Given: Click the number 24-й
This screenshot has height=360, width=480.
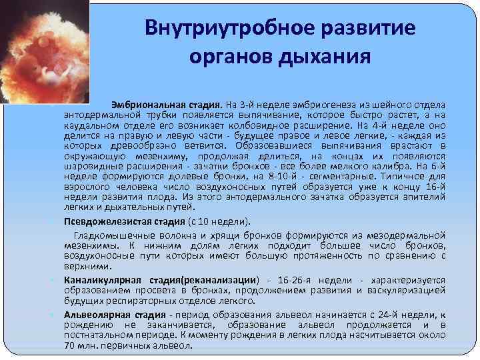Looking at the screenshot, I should pos(383,314).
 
